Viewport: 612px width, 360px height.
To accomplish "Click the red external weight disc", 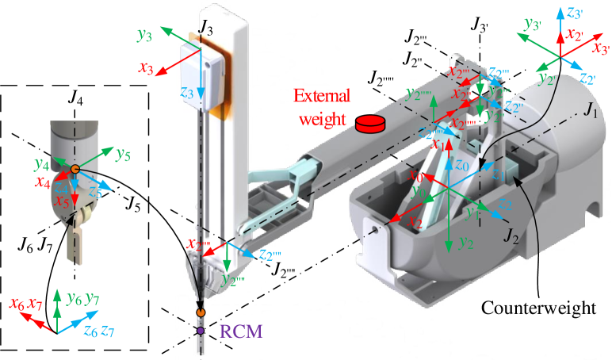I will (x=369, y=124).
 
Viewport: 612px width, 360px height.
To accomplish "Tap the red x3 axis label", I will (x=145, y=68).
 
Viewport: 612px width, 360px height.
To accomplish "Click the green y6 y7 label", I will (x=82, y=299).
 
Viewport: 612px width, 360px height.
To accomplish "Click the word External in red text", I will (x=321, y=98).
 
